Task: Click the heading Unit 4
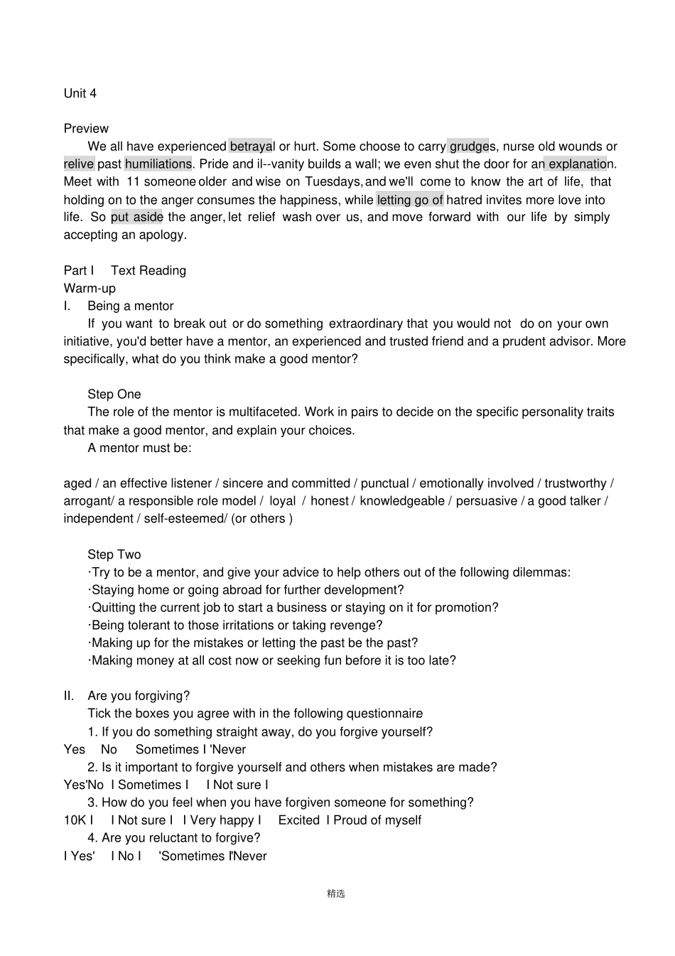pyautogui.click(x=80, y=93)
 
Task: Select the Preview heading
pyautogui.click(x=86, y=129)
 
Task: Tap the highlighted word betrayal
pyautogui.click(x=252, y=146)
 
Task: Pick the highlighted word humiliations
pyautogui.click(x=158, y=164)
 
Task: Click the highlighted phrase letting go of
pyautogui.click(x=410, y=200)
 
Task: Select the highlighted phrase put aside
pyautogui.click(x=137, y=217)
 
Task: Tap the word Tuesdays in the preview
pyautogui.click(x=333, y=182)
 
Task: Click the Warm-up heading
pyautogui.click(x=90, y=288)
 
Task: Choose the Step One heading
pyautogui.click(x=114, y=394)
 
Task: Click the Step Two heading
pyautogui.click(x=114, y=554)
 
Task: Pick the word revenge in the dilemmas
pyautogui.click(x=359, y=625)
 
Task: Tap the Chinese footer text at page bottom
pyautogui.click(x=336, y=893)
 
